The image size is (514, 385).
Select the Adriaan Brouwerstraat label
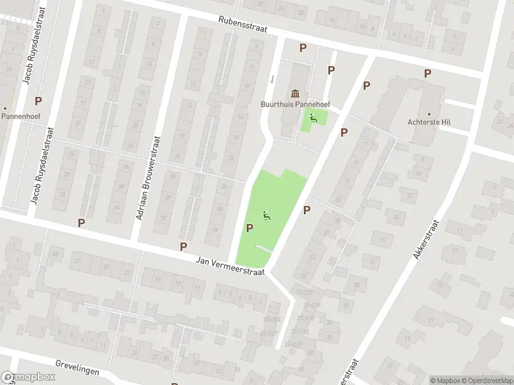(x=147, y=178)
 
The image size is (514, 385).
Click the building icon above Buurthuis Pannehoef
(x=295, y=93)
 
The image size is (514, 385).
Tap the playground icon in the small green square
(x=314, y=117)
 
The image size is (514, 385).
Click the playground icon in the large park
(x=266, y=216)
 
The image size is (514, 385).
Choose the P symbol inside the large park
(x=249, y=228)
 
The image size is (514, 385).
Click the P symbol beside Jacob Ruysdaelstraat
(x=38, y=101)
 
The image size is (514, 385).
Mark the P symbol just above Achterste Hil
(x=427, y=74)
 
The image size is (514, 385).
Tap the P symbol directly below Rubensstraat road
(x=303, y=47)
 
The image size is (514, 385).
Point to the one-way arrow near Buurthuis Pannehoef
(x=272, y=79)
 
